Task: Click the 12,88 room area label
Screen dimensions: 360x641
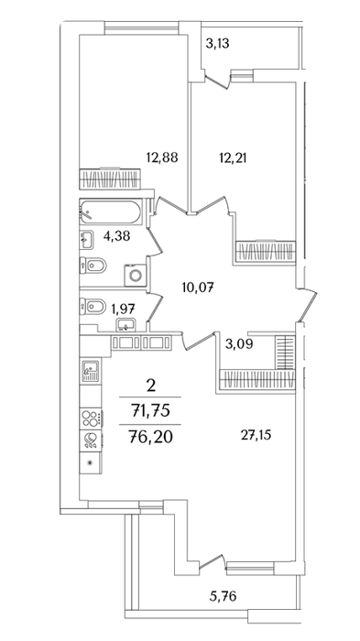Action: [x=162, y=157]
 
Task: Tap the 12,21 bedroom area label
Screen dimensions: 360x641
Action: [x=232, y=157]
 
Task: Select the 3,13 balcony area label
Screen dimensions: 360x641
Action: [x=217, y=43]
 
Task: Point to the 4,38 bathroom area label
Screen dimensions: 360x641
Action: [x=116, y=236]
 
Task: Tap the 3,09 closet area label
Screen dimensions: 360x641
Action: [x=239, y=343]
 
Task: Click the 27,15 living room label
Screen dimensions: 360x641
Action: [x=256, y=435]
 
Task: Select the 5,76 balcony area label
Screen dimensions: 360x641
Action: [x=223, y=596]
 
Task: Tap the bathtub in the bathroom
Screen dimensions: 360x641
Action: [x=111, y=212]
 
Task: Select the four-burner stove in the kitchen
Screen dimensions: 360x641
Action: [x=91, y=418]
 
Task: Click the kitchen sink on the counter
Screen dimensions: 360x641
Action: [x=91, y=371]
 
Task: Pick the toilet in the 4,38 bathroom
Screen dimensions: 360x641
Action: [x=93, y=266]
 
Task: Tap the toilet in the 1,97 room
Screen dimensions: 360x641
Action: [x=93, y=305]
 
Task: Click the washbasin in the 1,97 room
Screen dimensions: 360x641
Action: [x=126, y=325]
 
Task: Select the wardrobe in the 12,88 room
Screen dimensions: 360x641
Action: [x=110, y=179]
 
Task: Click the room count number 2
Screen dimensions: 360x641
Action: [x=151, y=386]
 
